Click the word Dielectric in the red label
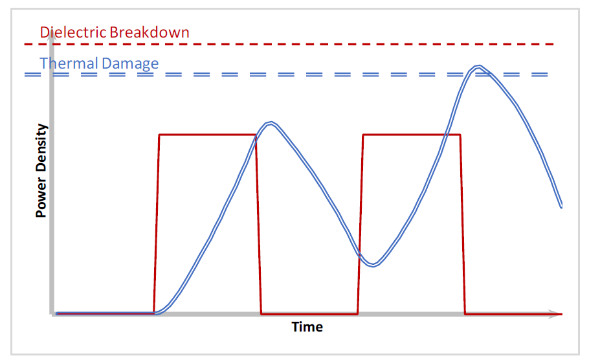73,32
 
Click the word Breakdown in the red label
150,32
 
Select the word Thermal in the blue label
69,63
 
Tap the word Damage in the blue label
130,64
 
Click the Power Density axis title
41,170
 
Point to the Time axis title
307,327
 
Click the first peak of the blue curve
271,123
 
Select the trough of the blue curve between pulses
373,265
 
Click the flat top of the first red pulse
208,135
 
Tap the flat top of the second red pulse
412,135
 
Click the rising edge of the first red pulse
157,223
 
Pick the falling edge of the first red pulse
258,223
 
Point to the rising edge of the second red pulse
361,223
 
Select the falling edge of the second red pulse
463,223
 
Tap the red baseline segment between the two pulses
309,313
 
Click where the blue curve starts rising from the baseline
156,313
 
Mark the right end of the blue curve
562,207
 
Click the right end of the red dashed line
553,44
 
